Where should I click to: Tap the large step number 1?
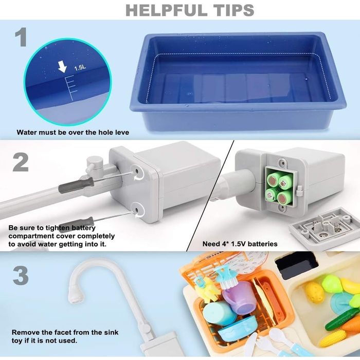[x=21, y=37]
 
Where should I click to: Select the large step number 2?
[x=21, y=162]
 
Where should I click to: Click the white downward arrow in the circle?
[x=62, y=66]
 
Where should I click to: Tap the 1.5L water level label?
[x=80, y=68]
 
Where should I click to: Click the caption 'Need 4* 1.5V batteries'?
[x=240, y=244]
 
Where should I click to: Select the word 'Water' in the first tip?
[x=26, y=132]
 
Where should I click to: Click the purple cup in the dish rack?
[x=239, y=298]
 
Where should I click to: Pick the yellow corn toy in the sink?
[x=332, y=338]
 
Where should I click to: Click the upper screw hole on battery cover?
[x=137, y=171]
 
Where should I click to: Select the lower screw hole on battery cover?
[x=136, y=210]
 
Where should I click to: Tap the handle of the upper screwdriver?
[x=76, y=185]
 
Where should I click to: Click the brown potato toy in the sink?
[x=314, y=292]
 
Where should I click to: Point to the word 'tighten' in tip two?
[x=58, y=228]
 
